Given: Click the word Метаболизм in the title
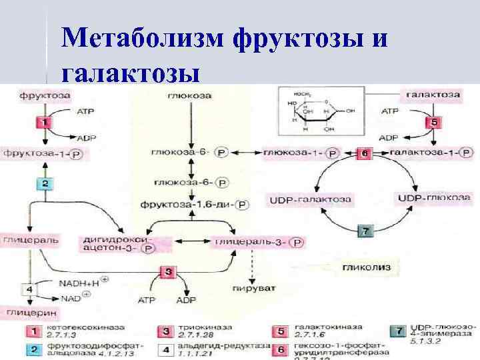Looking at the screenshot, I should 143,39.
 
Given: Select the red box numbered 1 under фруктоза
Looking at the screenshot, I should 44,122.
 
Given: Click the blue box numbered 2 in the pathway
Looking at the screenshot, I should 44,183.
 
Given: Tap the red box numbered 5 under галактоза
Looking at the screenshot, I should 433,123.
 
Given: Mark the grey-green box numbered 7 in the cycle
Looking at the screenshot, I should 365,231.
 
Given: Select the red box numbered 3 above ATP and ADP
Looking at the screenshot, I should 169,272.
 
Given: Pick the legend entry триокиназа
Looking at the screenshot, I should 197,329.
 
